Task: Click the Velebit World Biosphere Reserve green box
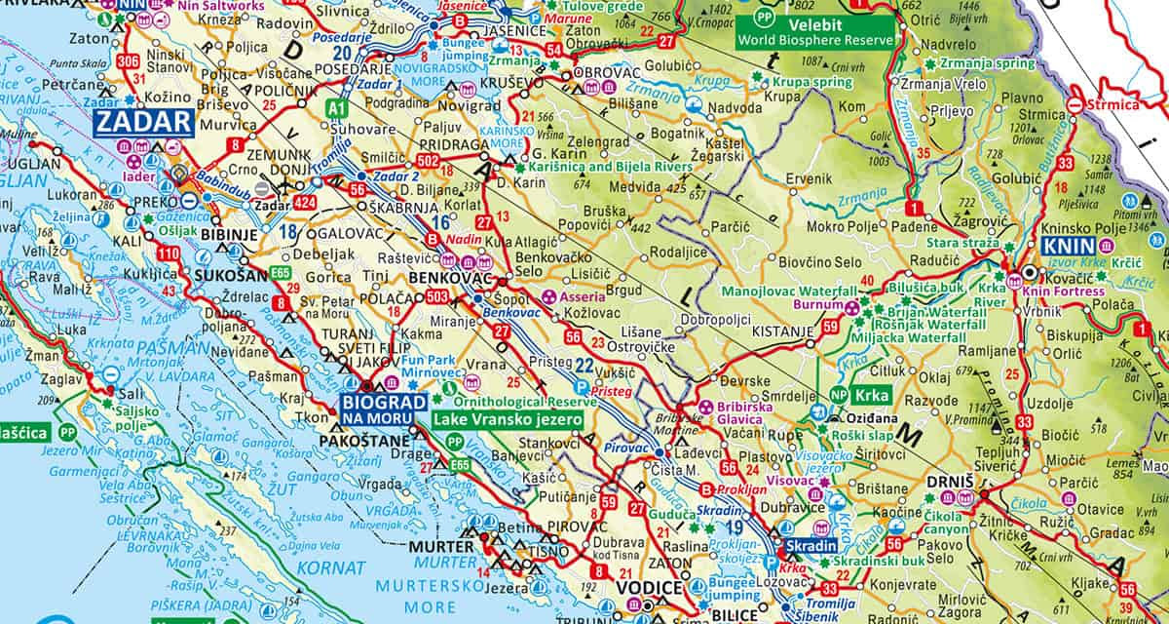[x=815, y=30]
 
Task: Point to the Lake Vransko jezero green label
[x=508, y=419]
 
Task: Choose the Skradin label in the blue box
[x=811, y=546]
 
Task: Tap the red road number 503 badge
[x=436, y=296]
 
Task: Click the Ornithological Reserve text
[x=522, y=401]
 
